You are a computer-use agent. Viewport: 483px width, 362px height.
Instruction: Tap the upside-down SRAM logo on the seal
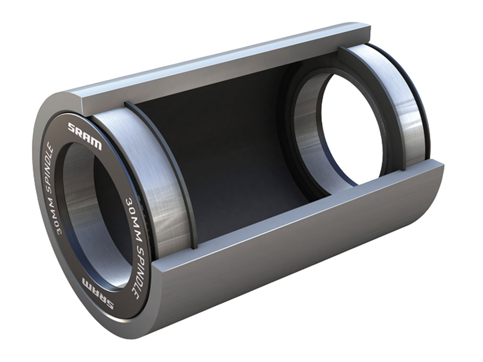click(97, 293)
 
